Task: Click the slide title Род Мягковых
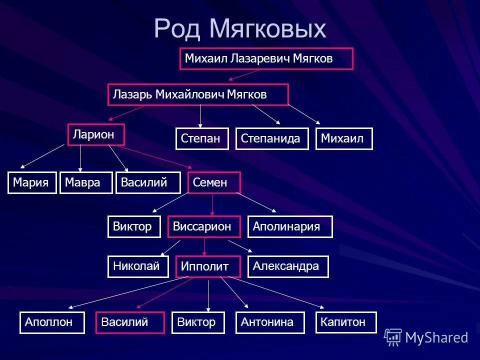click(x=240, y=28)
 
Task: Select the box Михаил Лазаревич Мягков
click(x=266, y=58)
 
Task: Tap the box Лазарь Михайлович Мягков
click(x=198, y=94)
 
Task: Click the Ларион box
click(x=96, y=134)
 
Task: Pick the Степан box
click(x=202, y=138)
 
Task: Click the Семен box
click(x=214, y=182)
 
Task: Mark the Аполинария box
click(x=290, y=226)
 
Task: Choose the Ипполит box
click(x=208, y=266)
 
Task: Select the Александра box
click(x=288, y=266)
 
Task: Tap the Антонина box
click(x=270, y=322)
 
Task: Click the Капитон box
click(x=346, y=322)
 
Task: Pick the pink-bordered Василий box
click(x=130, y=322)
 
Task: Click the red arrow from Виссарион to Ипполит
click(x=204, y=246)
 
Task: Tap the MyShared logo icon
click(x=393, y=337)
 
